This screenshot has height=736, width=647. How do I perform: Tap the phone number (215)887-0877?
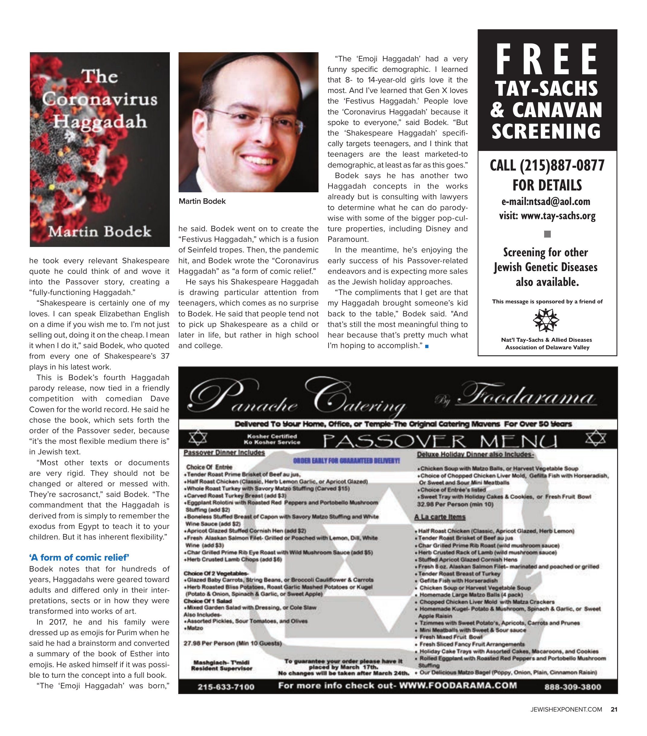click(x=547, y=166)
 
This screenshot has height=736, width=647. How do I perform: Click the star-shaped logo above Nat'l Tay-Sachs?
click(x=546, y=320)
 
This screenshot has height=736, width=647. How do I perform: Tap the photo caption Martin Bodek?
click(x=202, y=201)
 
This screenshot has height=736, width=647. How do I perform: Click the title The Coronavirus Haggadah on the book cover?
click(x=100, y=99)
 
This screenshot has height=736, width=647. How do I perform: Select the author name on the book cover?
click(x=100, y=231)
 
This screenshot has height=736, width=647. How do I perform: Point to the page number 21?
click(x=614, y=710)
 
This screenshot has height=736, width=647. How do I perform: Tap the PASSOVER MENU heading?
click(x=440, y=441)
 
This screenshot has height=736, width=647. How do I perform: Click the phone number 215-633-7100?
click(x=226, y=687)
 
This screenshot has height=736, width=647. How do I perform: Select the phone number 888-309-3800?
click(x=572, y=687)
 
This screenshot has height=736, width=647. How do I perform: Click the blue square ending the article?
click(x=427, y=346)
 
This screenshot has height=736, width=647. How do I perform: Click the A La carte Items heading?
click(x=439, y=517)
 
